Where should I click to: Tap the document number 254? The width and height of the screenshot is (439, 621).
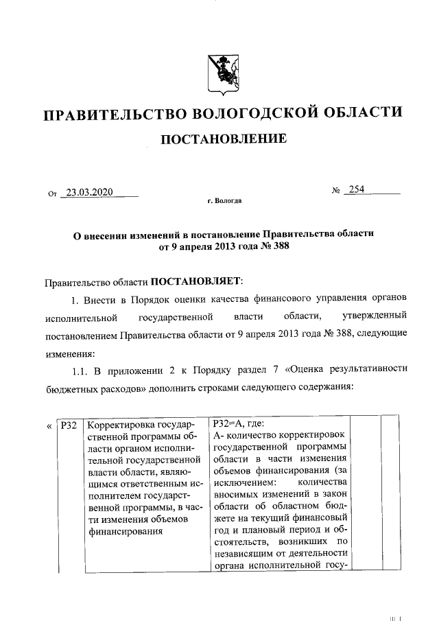(x=357, y=190)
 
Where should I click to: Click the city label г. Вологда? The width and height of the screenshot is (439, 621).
(x=224, y=202)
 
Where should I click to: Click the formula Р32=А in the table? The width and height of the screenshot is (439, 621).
(x=230, y=425)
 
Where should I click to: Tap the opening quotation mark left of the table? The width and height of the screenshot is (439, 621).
(x=49, y=426)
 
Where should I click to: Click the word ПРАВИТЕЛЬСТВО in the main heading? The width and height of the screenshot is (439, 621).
(x=109, y=114)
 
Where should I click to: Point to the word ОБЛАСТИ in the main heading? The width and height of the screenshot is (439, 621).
(x=364, y=114)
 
